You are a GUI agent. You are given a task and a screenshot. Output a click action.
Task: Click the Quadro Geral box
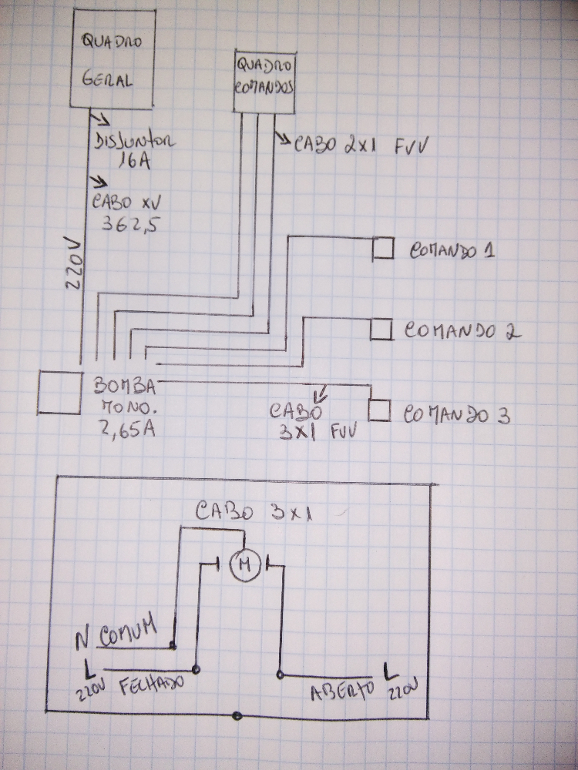pos(113,58)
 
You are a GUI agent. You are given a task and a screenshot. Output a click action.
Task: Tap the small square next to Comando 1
pos(381,249)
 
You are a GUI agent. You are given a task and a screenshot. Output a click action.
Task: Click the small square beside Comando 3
pos(378,410)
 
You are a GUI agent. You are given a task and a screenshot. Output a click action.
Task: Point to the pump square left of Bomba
pos(59,392)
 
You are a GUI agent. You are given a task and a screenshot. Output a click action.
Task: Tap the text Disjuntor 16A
pos(135,152)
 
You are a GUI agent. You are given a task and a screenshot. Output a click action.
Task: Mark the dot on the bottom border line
pos(237,717)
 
